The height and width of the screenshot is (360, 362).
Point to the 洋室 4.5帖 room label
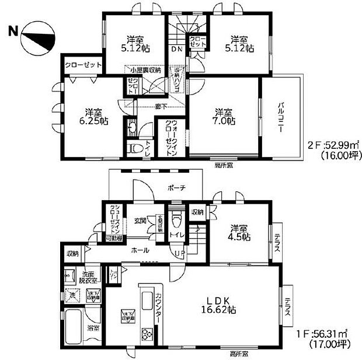point(239,233)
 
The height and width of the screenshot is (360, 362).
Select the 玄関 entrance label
point(140,221)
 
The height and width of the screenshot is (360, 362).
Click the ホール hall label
point(139,250)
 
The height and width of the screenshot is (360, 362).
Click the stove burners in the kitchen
point(145,334)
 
